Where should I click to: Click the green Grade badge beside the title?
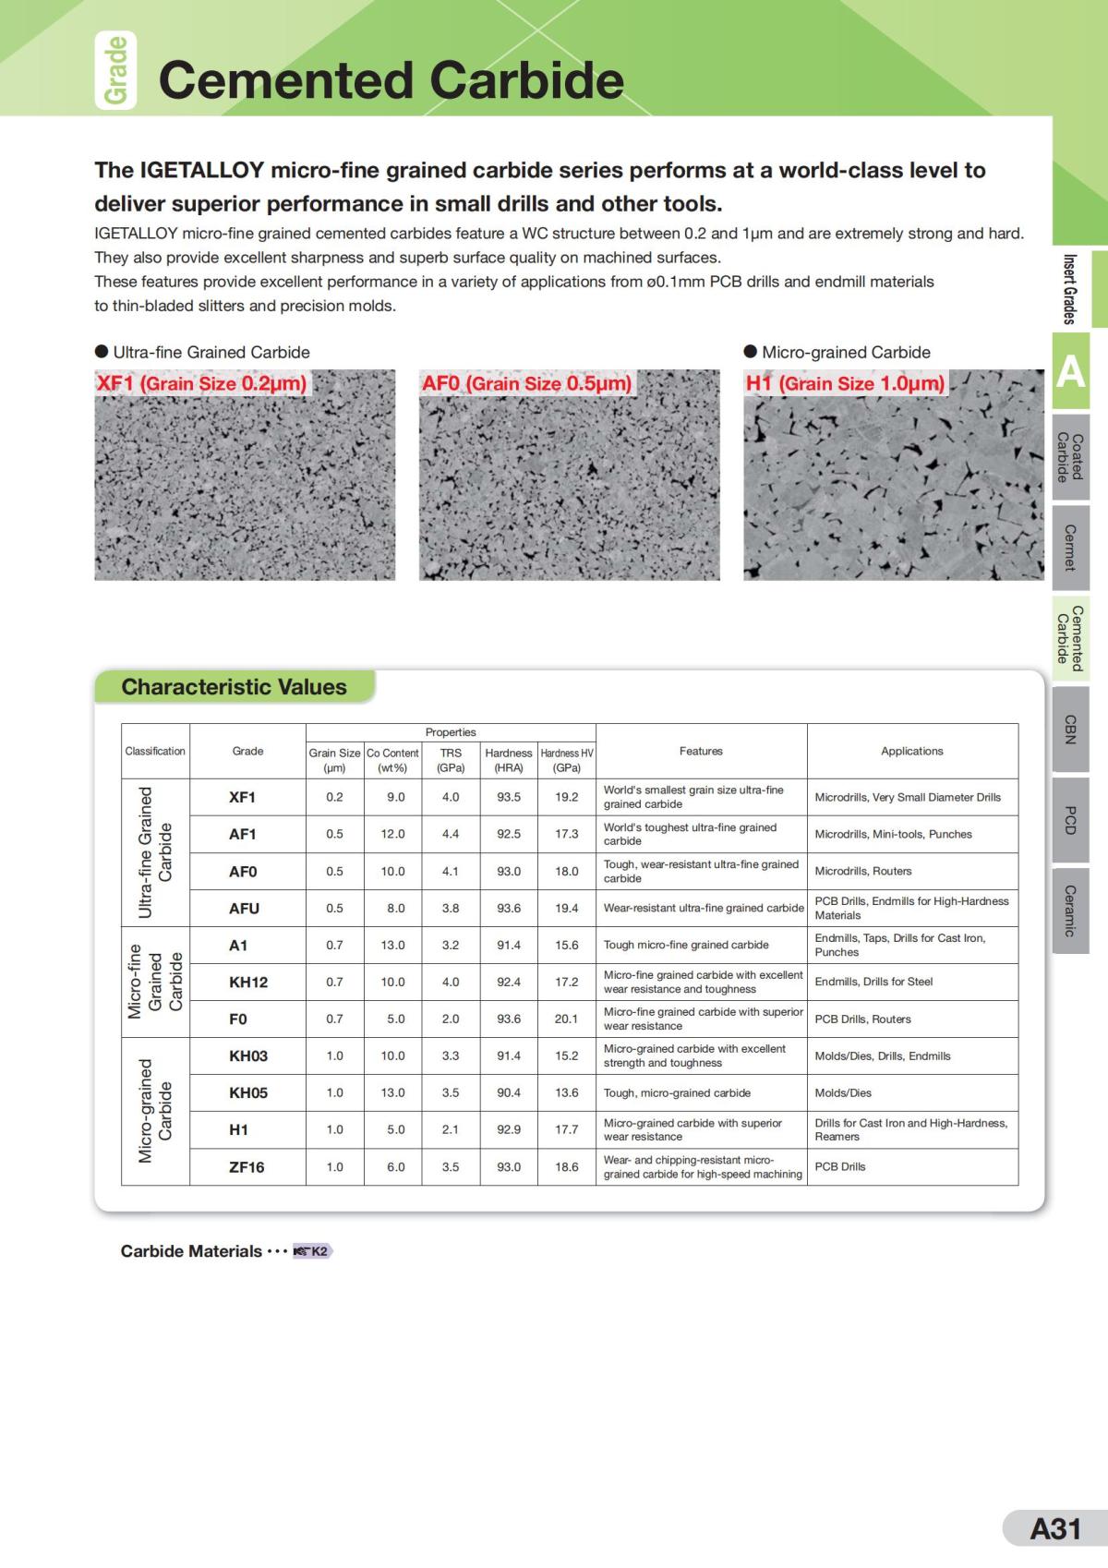pos(115,71)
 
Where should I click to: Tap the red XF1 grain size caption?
pos(201,383)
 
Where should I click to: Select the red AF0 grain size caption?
pos(526,383)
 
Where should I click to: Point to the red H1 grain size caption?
pos(845,383)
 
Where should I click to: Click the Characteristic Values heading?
pos(234,687)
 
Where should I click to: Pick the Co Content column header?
pos(392,760)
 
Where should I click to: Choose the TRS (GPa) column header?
pos(451,760)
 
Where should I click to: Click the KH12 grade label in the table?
pos(247,983)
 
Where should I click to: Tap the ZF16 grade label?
pos(247,1167)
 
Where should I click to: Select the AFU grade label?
pos(244,909)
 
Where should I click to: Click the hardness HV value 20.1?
pos(566,1019)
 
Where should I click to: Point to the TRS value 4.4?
pos(451,834)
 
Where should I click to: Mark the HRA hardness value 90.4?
pos(509,1093)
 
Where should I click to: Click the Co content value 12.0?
pos(392,834)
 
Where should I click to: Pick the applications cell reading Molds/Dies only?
pos(843,1093)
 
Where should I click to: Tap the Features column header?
pos(701,751)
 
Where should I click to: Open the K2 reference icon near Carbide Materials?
pos(312,1251)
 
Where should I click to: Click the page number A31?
pos(1054,1529)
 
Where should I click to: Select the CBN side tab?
pos(1070,729)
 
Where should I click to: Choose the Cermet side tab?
pos(1070,547)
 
